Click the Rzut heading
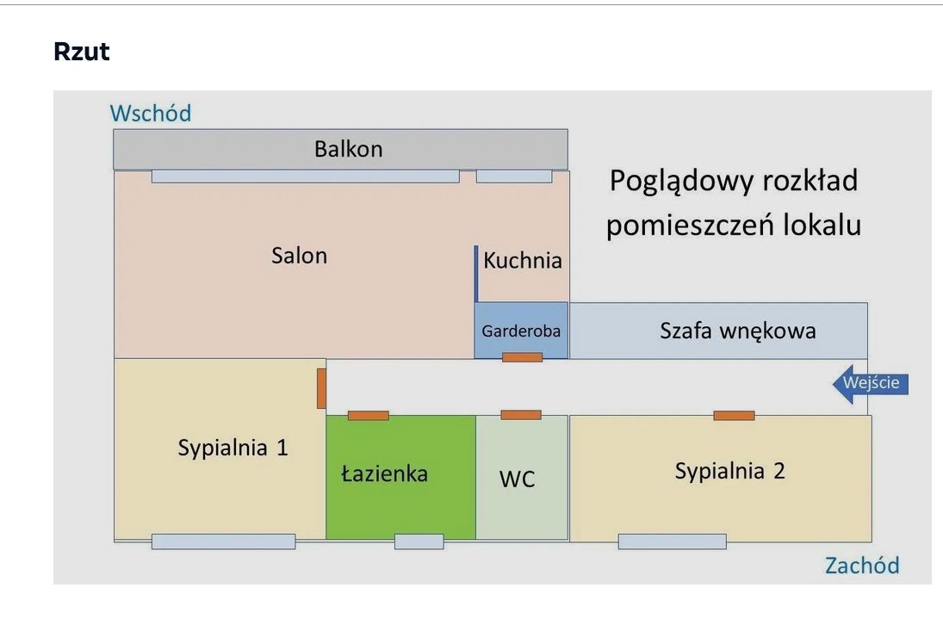[x=82, y=52]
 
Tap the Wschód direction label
[x=151, y=113]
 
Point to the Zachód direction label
[x=862, y=565]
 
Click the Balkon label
[x=348, y=149]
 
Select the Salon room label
[x=300, y=256]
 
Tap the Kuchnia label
[x=523, y=260]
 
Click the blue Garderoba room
[x=521, y=330]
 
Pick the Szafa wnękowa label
[x=738, y=331]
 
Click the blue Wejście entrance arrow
[x=870, y=383]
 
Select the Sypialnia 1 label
[x=233, y=448]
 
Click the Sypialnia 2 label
[x=729, y=471]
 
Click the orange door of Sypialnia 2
[x=734, y=416]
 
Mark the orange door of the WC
[x=521, y=415]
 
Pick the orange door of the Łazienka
[x=368, y=416]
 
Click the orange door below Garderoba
[x=522, y=357]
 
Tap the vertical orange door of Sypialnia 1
[x=321, y=388]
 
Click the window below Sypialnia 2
[x=672, y=541]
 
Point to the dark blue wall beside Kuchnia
[x=475, y=274]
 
